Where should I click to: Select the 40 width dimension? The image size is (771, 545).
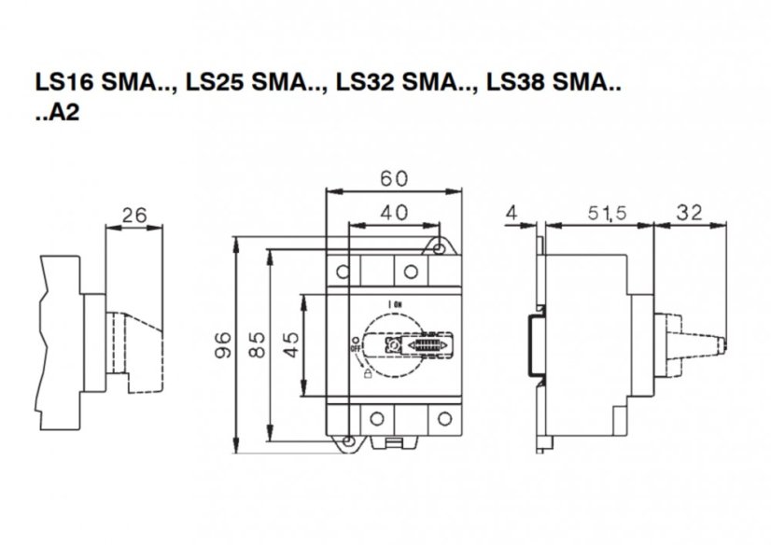[393, 212]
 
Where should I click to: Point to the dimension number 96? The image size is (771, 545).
[221, 342]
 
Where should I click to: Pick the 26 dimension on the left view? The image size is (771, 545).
[135, 216]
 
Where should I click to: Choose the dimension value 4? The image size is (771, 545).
[511, 214]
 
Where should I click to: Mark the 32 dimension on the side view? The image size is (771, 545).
[690, 214]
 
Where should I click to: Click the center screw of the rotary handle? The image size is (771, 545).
[395, 345]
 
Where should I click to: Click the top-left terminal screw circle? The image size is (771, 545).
[343, 271]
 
